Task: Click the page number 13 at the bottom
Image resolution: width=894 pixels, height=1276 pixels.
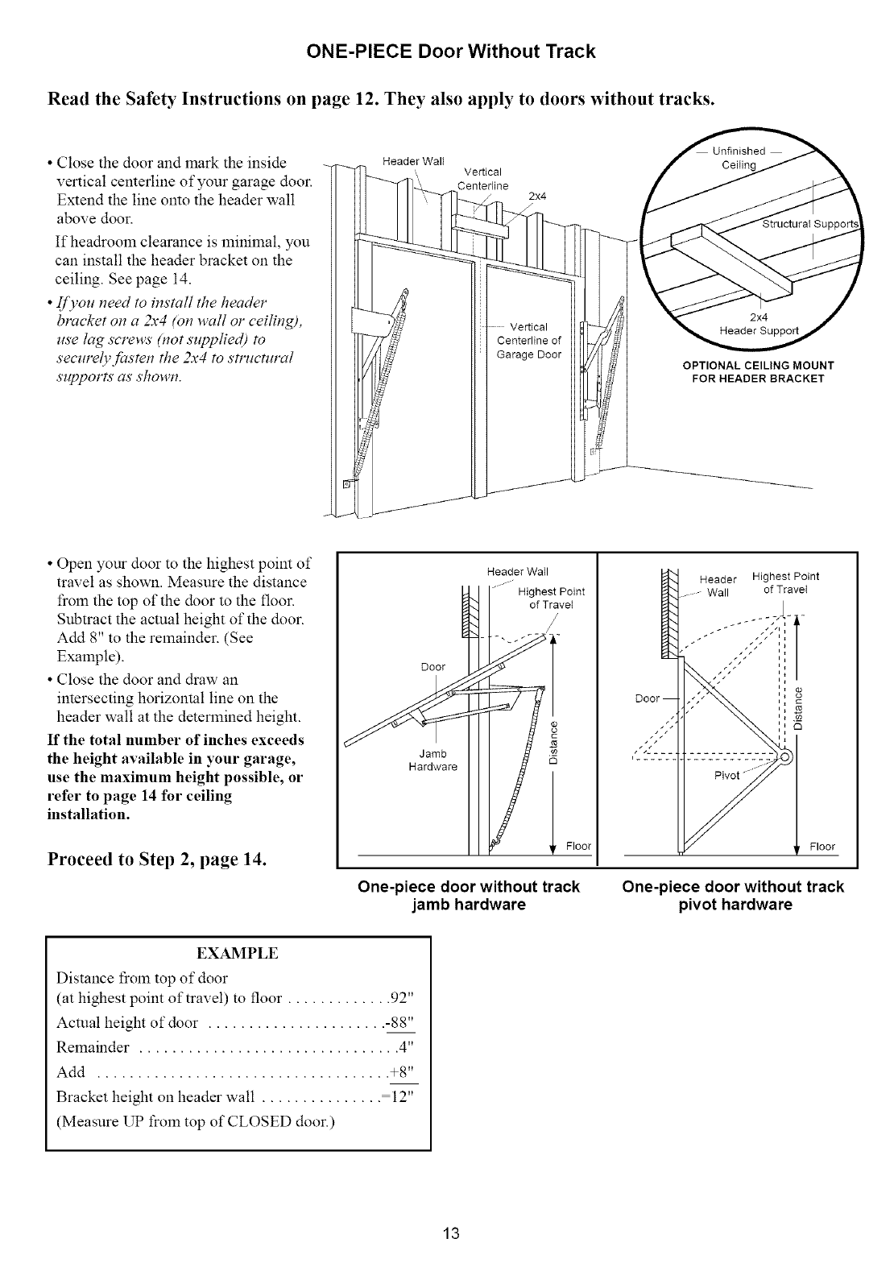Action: (450, 1233)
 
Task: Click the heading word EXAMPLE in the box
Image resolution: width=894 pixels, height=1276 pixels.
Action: (238, 954)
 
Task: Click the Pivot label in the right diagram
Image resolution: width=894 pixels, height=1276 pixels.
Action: (727, 775)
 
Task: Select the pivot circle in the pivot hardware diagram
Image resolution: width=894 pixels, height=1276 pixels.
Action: (785, 756)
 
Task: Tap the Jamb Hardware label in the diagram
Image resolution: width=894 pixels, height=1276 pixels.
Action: (433, 760)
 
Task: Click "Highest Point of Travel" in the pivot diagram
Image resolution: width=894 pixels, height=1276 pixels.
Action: (785, 582)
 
